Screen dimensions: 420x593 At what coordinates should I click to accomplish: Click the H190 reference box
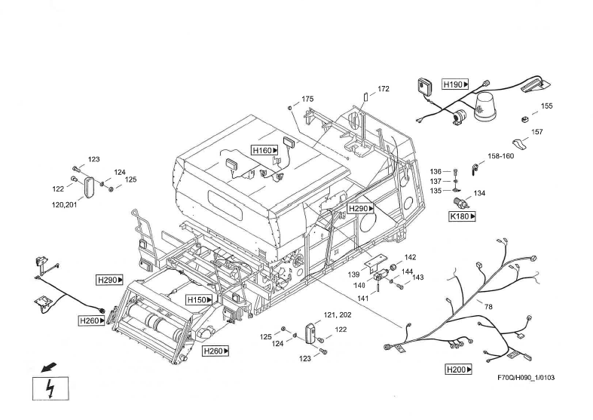click(x=456, y=84)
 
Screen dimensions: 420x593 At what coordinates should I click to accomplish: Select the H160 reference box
click(x=264, y=150)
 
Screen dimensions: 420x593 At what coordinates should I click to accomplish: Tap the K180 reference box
click(x=463, y=216)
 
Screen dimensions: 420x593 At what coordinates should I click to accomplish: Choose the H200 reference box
click(x=459, y=369)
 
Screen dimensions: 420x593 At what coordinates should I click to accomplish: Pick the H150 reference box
click(x=200, y=300)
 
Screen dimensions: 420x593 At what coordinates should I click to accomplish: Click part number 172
click(x=384, y=89)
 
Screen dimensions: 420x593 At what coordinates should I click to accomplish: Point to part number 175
click(x=307, y=100)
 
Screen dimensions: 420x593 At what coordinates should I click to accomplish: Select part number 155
click(x=546, y=106)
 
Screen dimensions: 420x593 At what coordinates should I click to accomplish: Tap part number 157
click(x=537, y=132)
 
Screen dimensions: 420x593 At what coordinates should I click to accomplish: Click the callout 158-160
click(x=500, y=157)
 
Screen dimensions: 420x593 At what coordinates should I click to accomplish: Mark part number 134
click(x=479, y=194)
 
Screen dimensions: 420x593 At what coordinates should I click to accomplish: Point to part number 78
click(x=488, y=306)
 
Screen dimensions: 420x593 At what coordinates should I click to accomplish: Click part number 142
click(x=411, y=258)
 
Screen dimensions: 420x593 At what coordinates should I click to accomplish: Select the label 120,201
click(x=64, y=204)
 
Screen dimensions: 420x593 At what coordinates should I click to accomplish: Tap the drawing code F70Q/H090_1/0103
click(x=526, y=378)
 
